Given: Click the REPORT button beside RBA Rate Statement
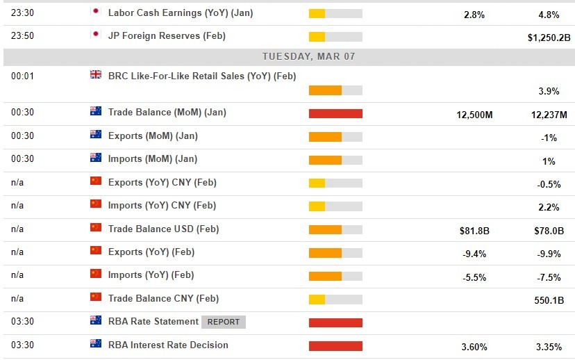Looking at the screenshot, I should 224,322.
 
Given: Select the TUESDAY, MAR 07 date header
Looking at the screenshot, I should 308,56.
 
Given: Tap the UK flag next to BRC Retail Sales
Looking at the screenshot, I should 96,74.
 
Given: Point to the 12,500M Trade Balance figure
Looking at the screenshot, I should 474,115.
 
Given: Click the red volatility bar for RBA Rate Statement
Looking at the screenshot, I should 335,322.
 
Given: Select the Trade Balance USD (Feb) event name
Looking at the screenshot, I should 163,229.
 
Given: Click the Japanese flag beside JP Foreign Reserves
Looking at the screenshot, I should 96,35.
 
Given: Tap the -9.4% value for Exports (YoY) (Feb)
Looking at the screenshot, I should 474,254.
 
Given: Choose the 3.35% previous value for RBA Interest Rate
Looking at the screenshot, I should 549,347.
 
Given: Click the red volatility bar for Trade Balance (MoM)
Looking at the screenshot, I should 335,113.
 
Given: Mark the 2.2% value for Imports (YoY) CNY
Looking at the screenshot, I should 549,207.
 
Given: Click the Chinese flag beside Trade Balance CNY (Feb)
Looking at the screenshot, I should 96,297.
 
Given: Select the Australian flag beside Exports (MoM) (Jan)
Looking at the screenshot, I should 96,135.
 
